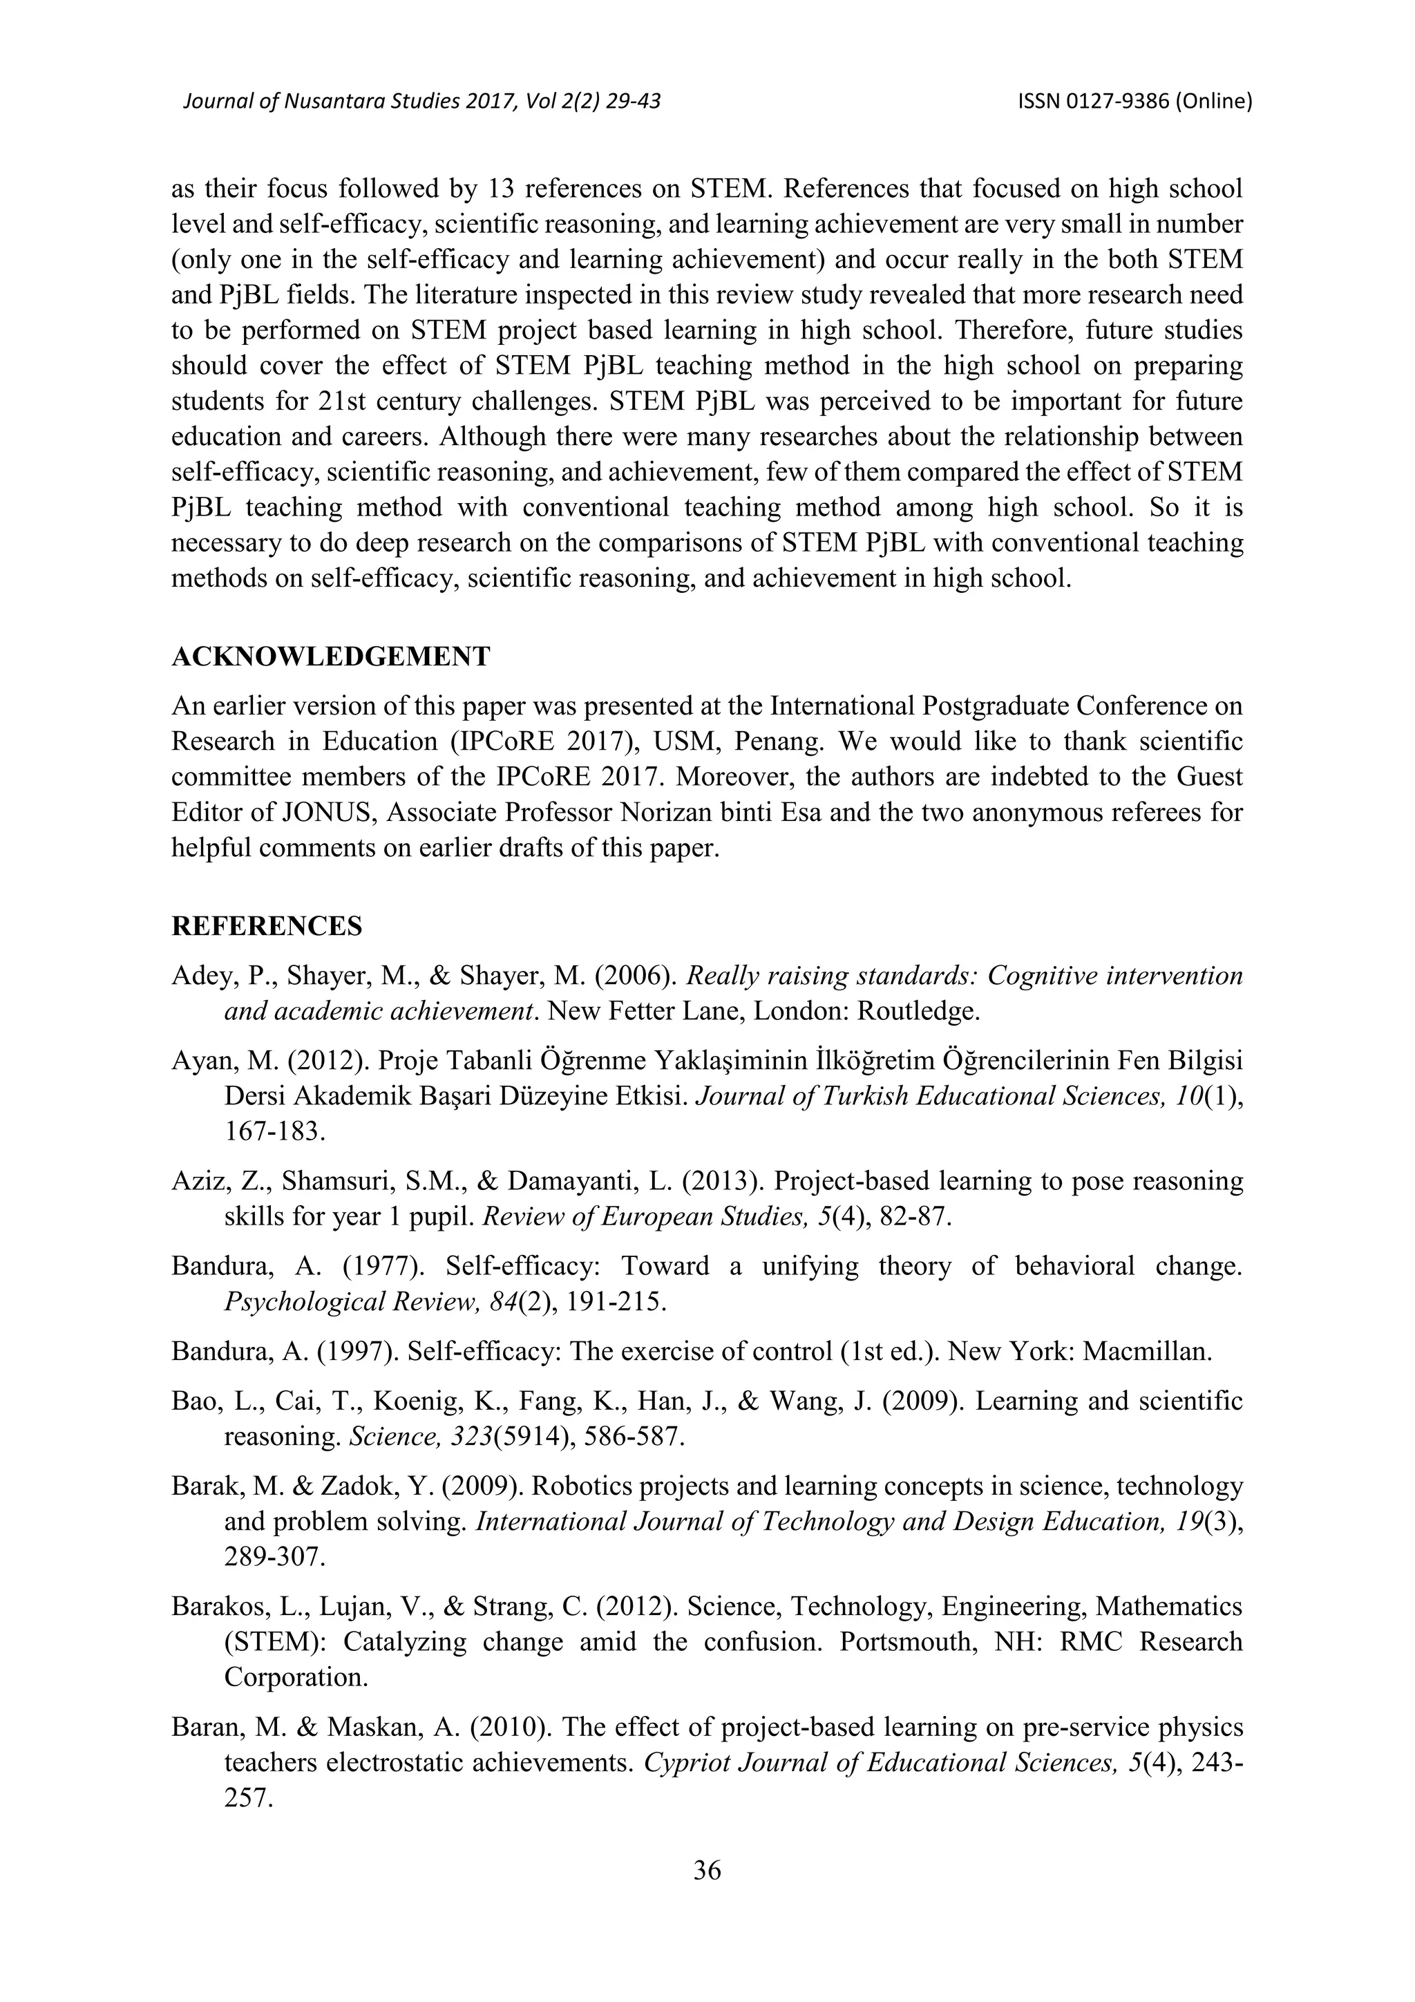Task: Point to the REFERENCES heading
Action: point(267,926)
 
